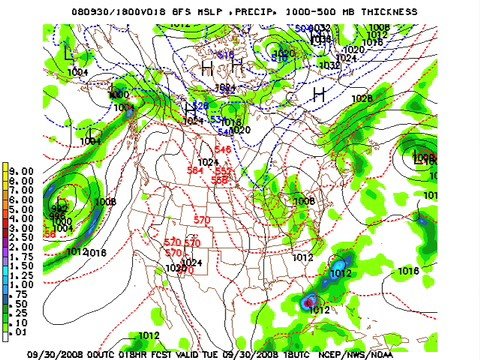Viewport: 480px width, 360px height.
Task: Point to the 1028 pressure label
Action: click(x=362, y=98)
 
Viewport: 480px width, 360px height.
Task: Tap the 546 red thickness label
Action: click(x=222, y=150)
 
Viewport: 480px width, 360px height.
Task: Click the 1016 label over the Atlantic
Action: click(x=408, y=270)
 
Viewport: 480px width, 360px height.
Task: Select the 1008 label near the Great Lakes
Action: click(x=303, y=201)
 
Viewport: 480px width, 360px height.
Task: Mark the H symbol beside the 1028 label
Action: click(x=319, y=94)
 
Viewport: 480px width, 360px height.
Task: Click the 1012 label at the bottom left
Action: click(x=149, y=335)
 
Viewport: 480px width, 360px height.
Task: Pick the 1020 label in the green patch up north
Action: click(x=284, y=54)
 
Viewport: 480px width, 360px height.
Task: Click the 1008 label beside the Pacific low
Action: click(x=104, y=202)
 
